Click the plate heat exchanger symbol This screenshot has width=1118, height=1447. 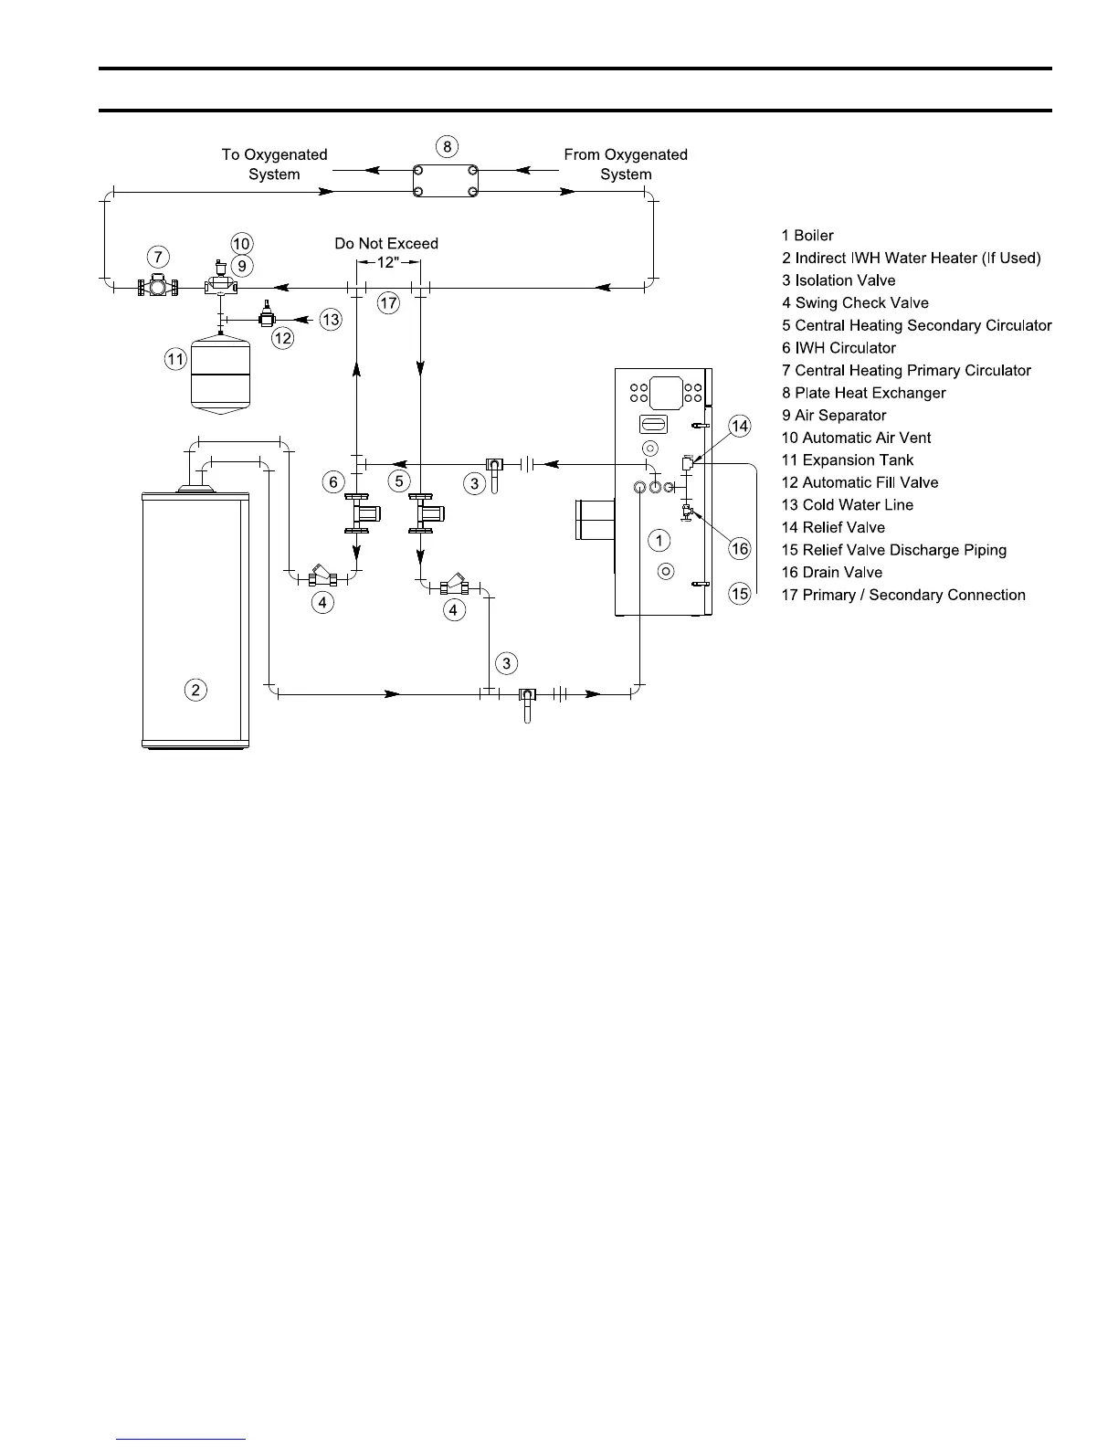click(446, 180)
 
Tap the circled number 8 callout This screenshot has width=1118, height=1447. click(446, 146)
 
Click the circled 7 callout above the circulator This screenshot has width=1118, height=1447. click(158, 258)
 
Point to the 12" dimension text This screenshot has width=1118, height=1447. click(388, 262)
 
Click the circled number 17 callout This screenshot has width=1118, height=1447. click(388, 303)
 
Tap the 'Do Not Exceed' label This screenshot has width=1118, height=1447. click(386, 243)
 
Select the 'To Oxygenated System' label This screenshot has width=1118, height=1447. click(274, 164)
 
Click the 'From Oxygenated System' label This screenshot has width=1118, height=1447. click(626, 164)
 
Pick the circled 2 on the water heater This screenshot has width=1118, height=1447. click(195, 690)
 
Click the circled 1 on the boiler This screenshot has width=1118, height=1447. click(659, 541)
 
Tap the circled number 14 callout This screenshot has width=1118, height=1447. click(740, 426)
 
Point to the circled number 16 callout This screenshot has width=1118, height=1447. click(740, 548)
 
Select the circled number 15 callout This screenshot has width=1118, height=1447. click(740, 594)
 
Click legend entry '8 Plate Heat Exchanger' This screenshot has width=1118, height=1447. click(863, 393)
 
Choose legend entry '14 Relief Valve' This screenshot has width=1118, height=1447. click(833, 527)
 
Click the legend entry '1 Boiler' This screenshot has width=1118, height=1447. click(807, 236)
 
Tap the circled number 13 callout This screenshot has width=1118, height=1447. click(331, 319)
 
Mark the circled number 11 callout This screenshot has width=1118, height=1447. click(176, 360)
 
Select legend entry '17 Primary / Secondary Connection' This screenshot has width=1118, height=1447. click(903, 595)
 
